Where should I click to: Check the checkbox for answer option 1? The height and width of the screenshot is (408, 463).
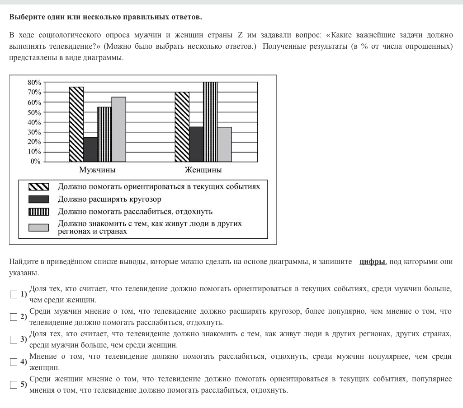pos(14,294)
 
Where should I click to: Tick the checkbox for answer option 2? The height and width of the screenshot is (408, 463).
pos(14,317)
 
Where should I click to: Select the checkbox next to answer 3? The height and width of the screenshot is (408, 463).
pos(14,339)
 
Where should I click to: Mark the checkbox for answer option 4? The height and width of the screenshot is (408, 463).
pos(14,362)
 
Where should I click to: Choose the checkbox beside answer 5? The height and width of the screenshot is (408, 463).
pos(14,385)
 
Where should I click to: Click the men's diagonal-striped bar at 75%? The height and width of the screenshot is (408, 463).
pos(76,124)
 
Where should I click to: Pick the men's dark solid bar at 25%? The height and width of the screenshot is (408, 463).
pos(90,149)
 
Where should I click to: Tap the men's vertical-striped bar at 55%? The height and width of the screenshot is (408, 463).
pos(104,134)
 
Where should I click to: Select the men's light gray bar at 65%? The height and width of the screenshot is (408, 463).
pos(118,130)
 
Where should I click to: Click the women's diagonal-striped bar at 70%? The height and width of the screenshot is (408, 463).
pos(182,127)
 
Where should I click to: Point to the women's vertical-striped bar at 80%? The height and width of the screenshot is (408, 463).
pos(210,122)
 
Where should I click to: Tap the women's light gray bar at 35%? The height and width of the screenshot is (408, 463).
pos(224,144)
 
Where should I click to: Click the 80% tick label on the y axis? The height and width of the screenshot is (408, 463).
pos(34,83)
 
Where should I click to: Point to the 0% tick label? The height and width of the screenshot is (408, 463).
pos(36,162)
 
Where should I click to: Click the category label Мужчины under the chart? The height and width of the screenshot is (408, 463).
pos(97,170)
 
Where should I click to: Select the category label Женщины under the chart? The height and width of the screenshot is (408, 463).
pos(203,170)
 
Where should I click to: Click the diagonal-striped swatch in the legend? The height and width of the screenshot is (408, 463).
pos(38,187)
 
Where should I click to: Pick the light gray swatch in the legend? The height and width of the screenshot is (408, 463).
pos(38,227)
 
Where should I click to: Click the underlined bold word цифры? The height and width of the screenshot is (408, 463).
pos(372,262)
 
